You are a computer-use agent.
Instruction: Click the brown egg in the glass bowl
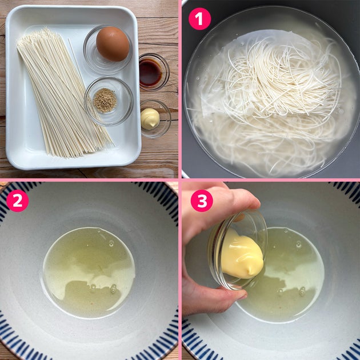click(x=113, y=44)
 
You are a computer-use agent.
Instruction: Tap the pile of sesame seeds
click(x=105, y=101)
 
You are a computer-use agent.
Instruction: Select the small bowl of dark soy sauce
click(x=154, y=72)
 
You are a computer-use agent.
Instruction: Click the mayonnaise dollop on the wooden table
click(x=150, y=119)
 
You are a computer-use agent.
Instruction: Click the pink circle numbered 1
click(x=199, y=19)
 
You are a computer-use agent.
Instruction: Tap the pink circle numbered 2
click(x=18, y=201)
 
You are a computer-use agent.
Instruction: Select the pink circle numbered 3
click(x=202, y=201)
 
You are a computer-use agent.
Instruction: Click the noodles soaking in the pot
click(x=271, y=103)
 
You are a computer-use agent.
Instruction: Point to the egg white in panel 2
click(x=89, y=273)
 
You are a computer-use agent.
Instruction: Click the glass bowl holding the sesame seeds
click(x=109, y=101)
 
